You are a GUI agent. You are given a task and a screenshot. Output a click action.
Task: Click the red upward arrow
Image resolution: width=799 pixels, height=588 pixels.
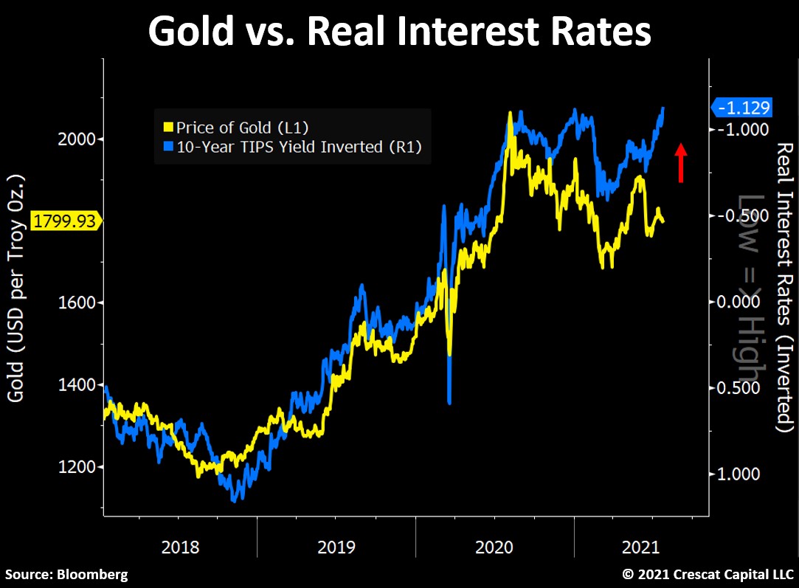coord(681,162)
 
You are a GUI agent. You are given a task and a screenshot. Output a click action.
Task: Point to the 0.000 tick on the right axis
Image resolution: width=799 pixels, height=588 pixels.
coord(738,302)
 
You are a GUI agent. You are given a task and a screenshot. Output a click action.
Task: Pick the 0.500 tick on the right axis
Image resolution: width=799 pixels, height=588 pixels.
coord(738,388)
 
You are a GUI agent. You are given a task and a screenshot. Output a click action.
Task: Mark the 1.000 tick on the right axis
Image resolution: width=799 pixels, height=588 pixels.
coord(738,474)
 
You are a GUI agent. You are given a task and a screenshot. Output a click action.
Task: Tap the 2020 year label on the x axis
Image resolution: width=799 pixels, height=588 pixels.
coord(494,547)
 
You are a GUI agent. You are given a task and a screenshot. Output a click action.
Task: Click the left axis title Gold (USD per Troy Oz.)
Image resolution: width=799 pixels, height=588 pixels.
coord(16,288)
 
